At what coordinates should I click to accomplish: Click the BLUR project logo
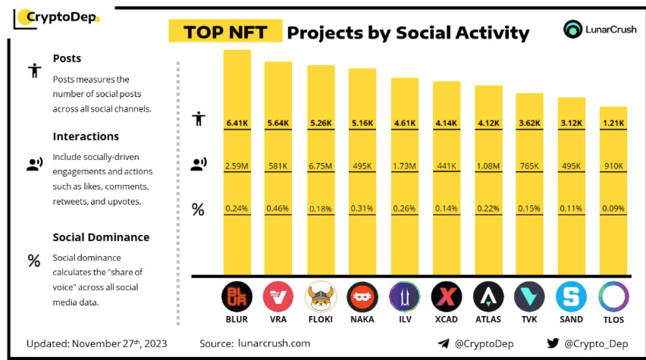click(x=237, y=297)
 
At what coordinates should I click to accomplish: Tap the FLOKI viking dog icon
click(x=320, y=297)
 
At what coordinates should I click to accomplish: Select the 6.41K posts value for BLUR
click(x=237, y=123)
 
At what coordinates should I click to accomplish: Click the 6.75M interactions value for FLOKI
click(x=320, y=165)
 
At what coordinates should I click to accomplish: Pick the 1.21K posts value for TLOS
click(x=613, y=123)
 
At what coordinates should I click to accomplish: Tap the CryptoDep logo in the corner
click(x=57, y=16)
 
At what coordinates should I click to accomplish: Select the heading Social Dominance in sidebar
click(x=101, y=237)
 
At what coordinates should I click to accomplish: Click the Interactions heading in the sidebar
click(x=86, y=136)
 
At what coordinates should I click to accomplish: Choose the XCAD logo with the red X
click(x=445, y=297)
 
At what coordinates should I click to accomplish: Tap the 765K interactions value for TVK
click(x=529, y=165)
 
